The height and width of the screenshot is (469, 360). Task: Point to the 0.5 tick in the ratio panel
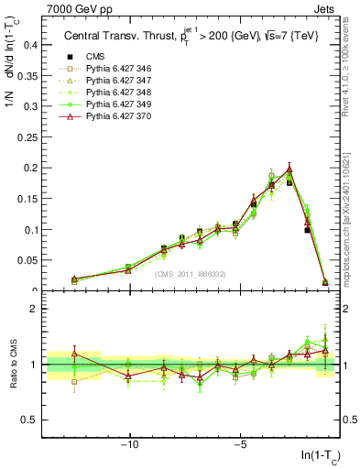[30, 420]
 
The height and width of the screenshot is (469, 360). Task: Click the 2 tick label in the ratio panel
[35, 309]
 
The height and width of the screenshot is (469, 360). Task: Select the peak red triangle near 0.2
[289, 169]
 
